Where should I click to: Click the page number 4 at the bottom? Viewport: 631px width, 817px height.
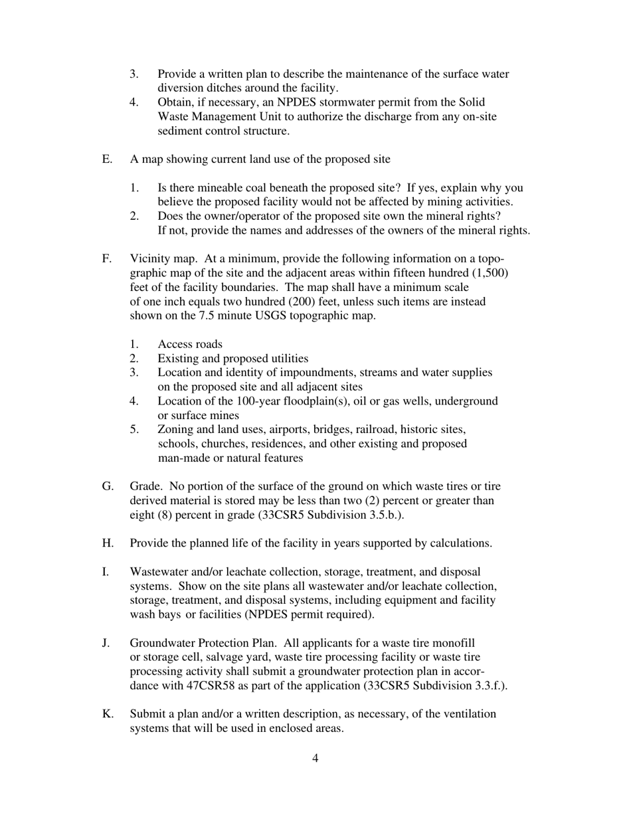tap(315, 759)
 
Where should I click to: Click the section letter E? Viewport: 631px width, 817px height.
tap(106, 159)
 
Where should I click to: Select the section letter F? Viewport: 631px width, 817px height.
tap(106, 259)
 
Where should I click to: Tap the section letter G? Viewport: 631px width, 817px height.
tap(107, 487)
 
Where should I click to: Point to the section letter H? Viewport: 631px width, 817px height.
tap(107, 543)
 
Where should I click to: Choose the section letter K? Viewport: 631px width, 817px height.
tap(107, 714)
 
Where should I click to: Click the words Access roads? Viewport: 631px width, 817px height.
tap(190, 344)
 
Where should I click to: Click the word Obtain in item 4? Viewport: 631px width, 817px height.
tap(175, 102)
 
